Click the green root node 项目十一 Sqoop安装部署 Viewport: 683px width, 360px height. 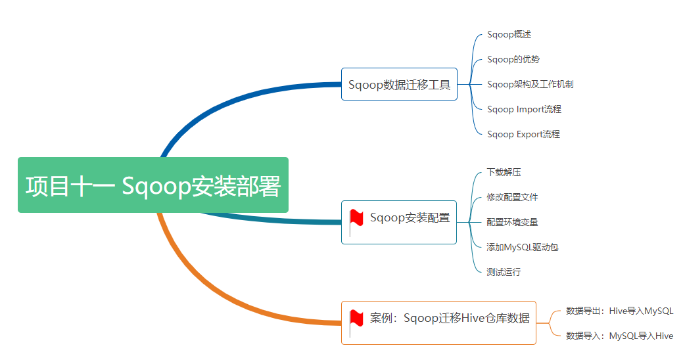[x=153, y=185]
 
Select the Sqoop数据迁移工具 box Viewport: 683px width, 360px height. [x=399, y=84]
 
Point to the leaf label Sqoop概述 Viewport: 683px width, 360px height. [x=509, y=34]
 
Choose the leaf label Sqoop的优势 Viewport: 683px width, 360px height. [x=513, y=59]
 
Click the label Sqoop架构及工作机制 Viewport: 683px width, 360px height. [x=530, y=84]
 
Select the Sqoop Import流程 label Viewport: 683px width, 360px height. [x=524, y=109]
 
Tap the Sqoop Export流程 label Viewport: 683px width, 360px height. [x=523, y=134]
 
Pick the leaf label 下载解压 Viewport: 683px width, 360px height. [x=504, y=172]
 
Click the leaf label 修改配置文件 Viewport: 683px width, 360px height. [x=512, y=197]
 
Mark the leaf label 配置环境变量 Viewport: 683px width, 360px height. [x=512, y=222]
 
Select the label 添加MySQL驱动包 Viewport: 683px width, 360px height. [x=522, y=247]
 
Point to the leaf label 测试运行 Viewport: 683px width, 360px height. [x=504, y=272]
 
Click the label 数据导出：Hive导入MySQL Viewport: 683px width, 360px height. [x=619, y=311]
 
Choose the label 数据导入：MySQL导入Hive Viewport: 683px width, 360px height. [x=619, y=336]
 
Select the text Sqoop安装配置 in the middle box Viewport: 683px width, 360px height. [x=410, y=217]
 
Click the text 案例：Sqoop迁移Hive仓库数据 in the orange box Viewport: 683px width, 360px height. [x=450, y=318]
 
